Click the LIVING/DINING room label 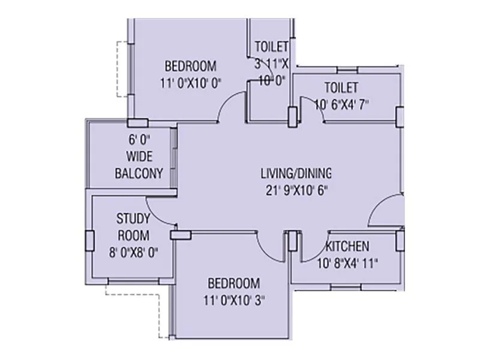(296, 173)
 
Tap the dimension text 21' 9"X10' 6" (296, 190)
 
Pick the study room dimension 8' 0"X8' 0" (133, 252)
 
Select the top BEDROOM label (191, 66)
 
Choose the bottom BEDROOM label (234, 283)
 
